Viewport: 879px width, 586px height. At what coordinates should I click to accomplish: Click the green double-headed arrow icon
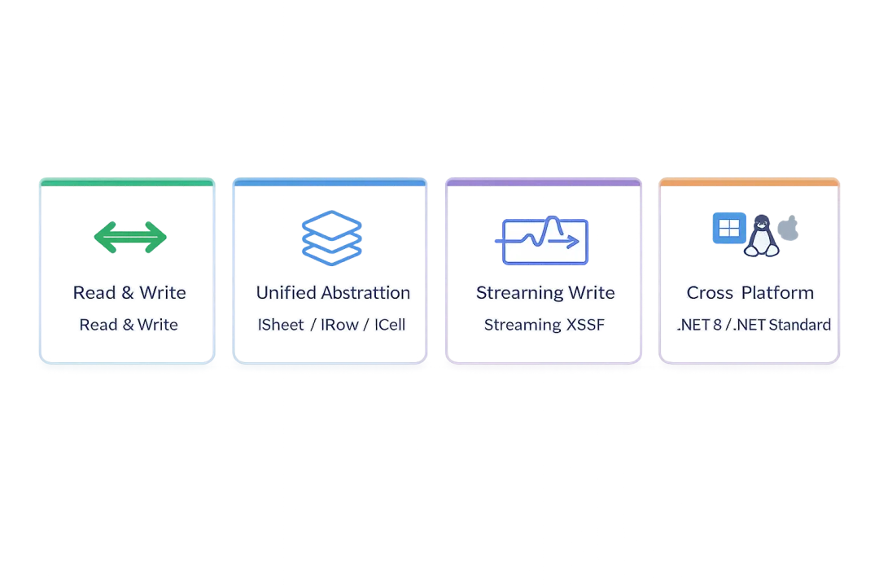(130, 237)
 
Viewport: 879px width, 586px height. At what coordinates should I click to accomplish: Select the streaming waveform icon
(544, 241)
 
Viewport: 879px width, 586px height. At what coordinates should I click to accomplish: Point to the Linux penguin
(761, 235)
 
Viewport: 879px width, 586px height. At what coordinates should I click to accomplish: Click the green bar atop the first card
(127, 184)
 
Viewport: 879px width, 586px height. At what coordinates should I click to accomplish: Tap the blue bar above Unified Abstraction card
(330, 184)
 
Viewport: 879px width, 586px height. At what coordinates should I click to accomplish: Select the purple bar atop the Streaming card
(544, 184)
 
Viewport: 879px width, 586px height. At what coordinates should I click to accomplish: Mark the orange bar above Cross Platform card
(749, 184)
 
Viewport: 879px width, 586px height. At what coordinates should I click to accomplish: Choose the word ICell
(390, 325)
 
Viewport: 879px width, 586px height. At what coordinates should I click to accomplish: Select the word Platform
(777, 293)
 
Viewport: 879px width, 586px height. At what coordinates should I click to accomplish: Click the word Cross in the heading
(710, 293)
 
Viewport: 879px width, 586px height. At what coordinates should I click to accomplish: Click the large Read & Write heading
(129, 293)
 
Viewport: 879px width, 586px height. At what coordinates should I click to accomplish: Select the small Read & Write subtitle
(129, 325)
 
